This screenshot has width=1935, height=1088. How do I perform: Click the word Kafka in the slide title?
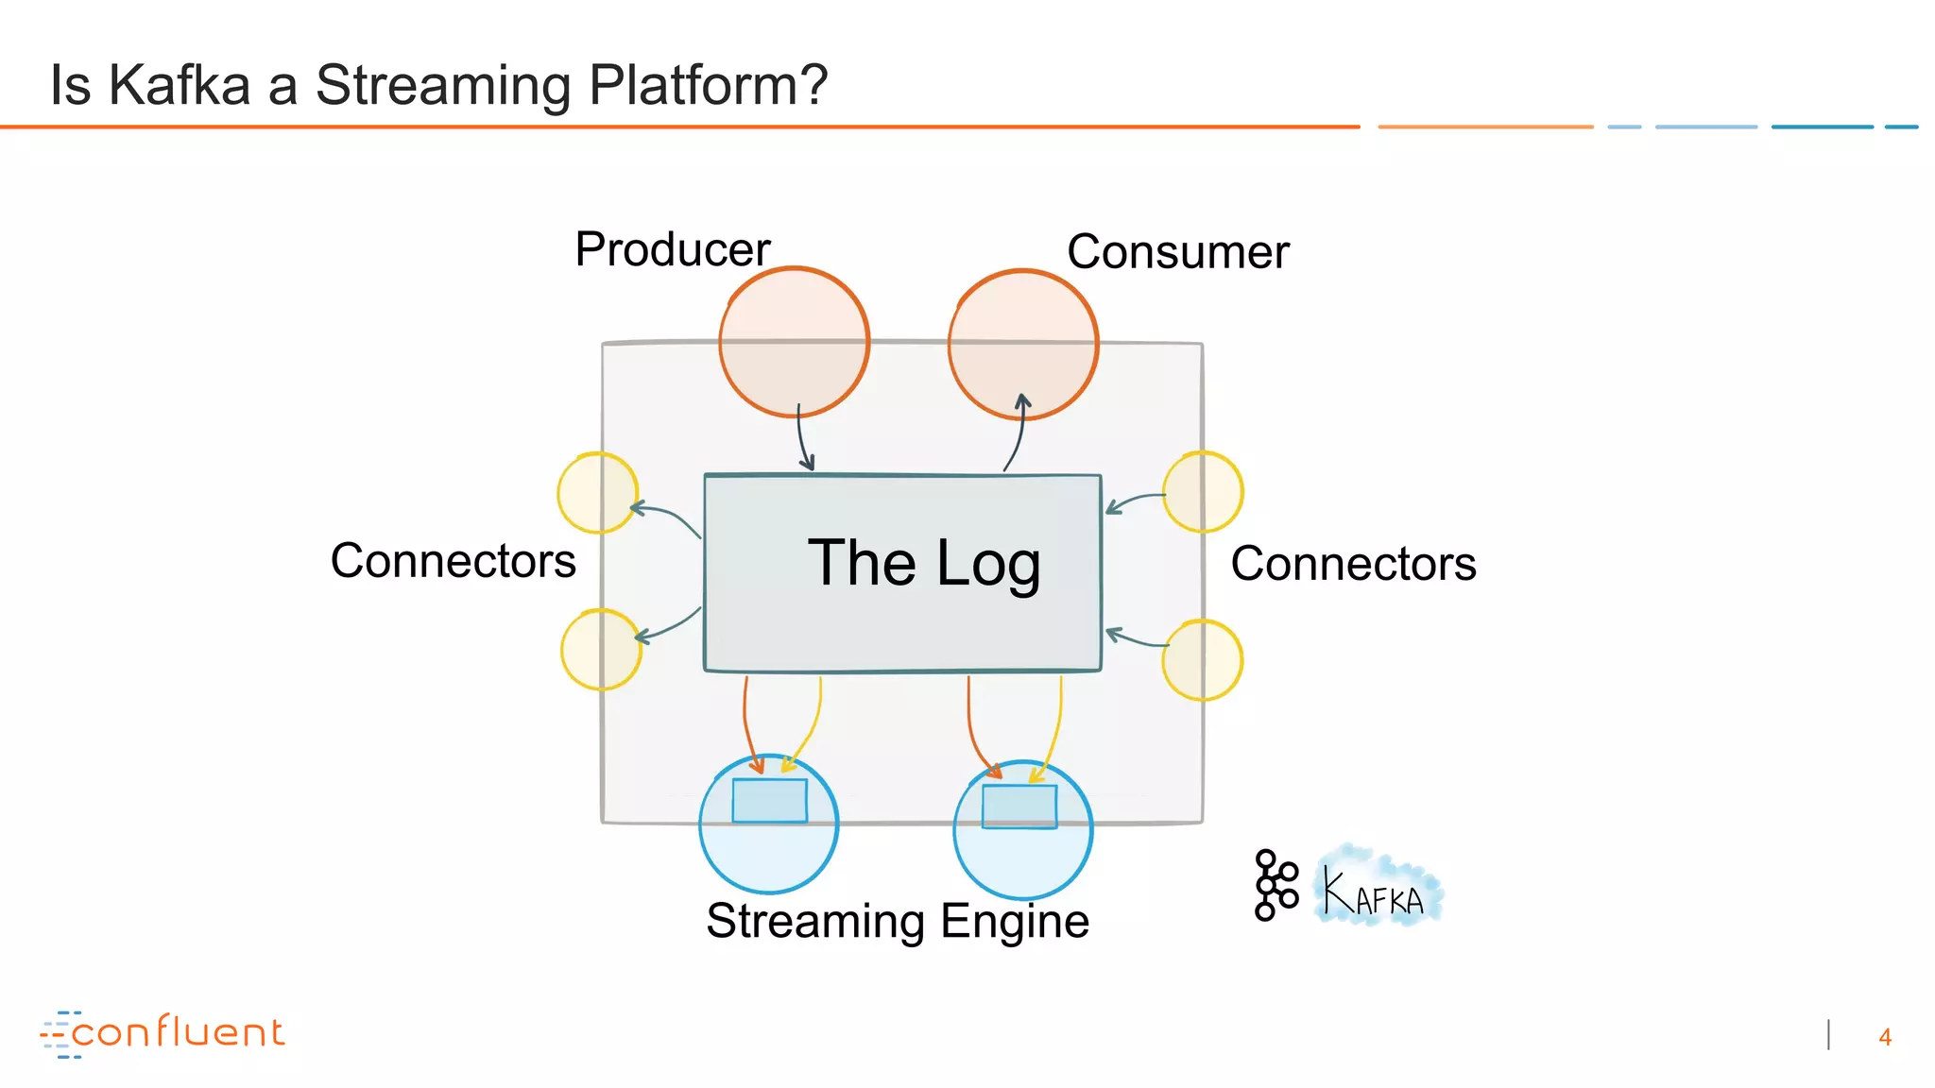click(x=179, y=85)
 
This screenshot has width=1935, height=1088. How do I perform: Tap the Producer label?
click(x=672, y=250)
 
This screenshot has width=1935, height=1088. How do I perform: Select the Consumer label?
click(x=1177, y=253)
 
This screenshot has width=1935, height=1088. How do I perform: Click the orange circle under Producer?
click(x=794, y=342)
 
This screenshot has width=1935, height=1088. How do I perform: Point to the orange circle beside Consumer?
click(x=1022, y=344)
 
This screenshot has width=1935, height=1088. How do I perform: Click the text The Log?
click(x=923, y=564)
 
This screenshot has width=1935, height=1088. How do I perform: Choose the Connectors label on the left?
click(x=453, y=562)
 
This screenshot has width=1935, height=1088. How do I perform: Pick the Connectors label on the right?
click(x=1352, y=565)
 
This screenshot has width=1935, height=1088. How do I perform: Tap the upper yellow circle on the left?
click(x=597, y=493)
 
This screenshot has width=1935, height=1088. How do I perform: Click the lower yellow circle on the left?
click(x=601, y=650)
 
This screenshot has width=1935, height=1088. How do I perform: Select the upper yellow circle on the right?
click(x=1203, y=492)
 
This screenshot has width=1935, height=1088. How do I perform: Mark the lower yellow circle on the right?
click(x=1202, y=660)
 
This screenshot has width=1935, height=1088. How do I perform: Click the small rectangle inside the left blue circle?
click(x=769, y=801)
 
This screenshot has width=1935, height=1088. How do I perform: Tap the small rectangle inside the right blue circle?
click(x=1019, y=807)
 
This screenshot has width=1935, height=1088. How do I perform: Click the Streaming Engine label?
click(x=897, y=922)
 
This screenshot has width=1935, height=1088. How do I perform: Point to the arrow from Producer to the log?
click(x=802, y=439)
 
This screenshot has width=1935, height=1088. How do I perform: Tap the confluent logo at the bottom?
click(x=163, y=1033)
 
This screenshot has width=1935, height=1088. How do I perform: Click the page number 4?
click(x=1884, y=1038)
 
